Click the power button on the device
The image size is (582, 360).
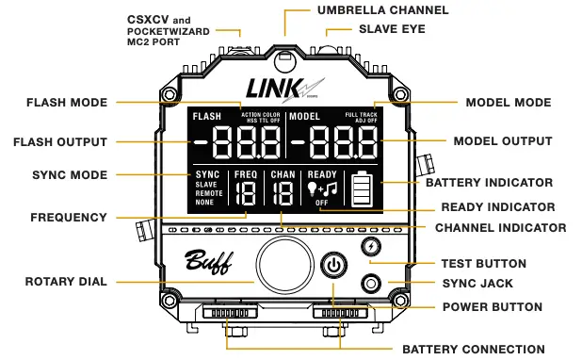[x=334, y=267]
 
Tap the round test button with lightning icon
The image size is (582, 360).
[x=371, y=246]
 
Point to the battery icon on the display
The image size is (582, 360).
[x=363, y=188]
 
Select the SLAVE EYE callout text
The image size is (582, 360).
[x=392, y=29]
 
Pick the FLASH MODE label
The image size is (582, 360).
[x=67, y=102]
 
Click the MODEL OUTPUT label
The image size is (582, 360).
[x=502, y=141]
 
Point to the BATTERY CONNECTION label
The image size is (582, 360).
[x=473, y=349]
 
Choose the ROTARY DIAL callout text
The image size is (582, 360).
[x=66, y=281]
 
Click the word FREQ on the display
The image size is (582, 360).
[x=245, y=174]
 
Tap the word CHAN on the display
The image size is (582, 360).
[x=283, y=174]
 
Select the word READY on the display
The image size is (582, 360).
[x=322, y=174]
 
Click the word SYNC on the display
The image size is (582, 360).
[x=207, y=174]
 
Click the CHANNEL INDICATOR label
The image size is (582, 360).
[x=500, y=227]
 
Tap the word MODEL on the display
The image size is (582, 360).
[x=305, y=116]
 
